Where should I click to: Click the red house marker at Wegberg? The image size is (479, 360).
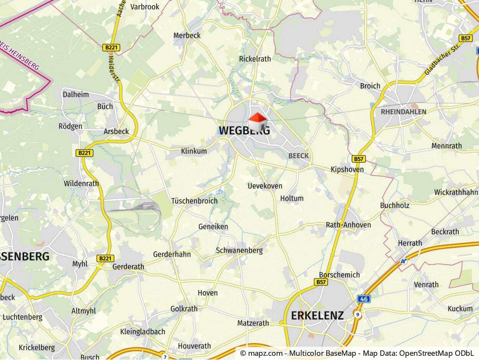click(257, 122)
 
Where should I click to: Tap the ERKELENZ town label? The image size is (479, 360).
click(317, 315)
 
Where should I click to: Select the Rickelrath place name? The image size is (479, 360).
click(255, 59)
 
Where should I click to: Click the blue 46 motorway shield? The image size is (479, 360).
click(364, 298)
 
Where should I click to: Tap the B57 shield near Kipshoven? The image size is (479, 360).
click(359, 159)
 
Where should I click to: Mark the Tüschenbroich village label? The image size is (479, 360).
click(194, 201)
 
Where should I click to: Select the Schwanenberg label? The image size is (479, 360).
click(239, 251)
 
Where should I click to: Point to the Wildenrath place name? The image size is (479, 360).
click(81, 183)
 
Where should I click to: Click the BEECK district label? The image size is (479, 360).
click(298, 155)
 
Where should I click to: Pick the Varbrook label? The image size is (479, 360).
click(145, 7)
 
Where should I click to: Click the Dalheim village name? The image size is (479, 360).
click(76, 94)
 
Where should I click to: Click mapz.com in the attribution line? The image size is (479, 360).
click(266, 353)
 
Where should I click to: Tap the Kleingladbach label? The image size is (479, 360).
click(143, 332)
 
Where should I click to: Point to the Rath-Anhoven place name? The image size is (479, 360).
click(348, 225)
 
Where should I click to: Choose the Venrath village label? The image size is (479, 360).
click(426, 284)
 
